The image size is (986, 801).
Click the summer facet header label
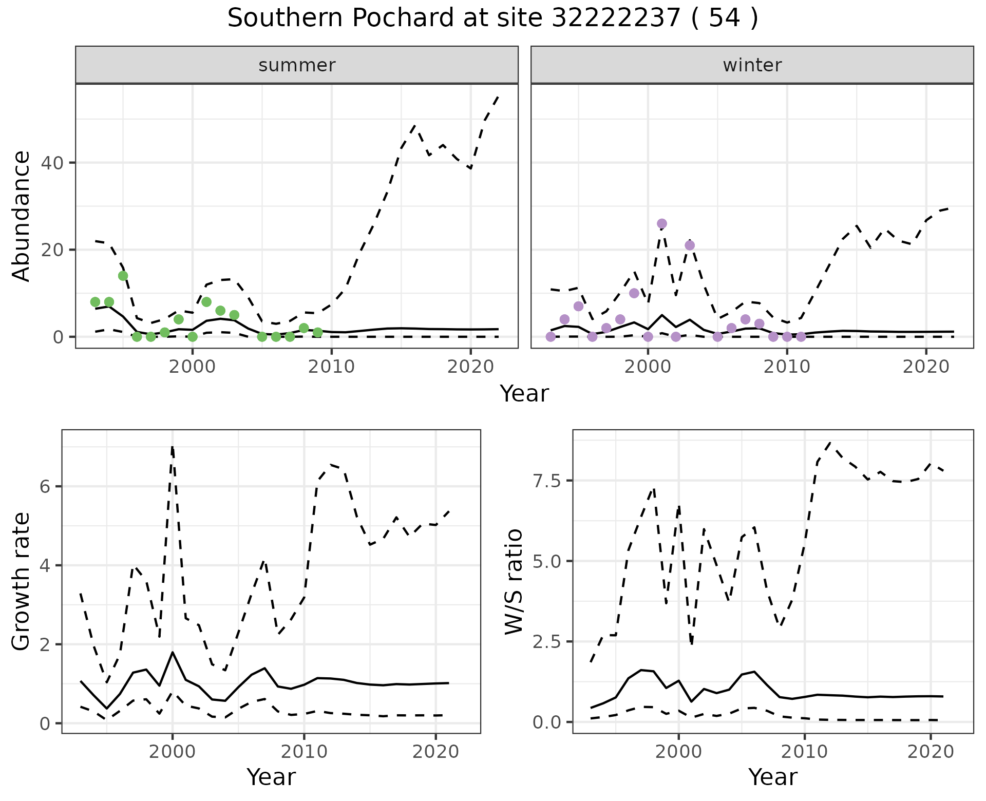coord(297,65)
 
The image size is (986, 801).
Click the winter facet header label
coord(752,65)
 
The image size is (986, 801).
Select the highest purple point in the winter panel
coord(662,224)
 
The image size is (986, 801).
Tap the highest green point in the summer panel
coord(123,276)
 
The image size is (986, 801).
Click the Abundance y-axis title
coord(22,216)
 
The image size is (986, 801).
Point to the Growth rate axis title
coord(22,582)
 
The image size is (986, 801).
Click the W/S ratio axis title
coord(514,582)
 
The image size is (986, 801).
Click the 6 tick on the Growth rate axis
coord(45,487)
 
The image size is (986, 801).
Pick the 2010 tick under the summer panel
coord(332,367)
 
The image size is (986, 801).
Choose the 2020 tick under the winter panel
coord(926,367)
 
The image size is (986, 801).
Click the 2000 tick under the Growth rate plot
coord(172,752)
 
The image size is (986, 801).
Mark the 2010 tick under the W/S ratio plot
coord(805,752)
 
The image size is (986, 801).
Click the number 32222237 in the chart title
coord(616,18)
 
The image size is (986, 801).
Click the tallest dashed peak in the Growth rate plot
coord(172,447)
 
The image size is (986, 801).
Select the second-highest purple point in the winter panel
coord(690,245)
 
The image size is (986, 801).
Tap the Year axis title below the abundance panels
coord(524,394)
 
